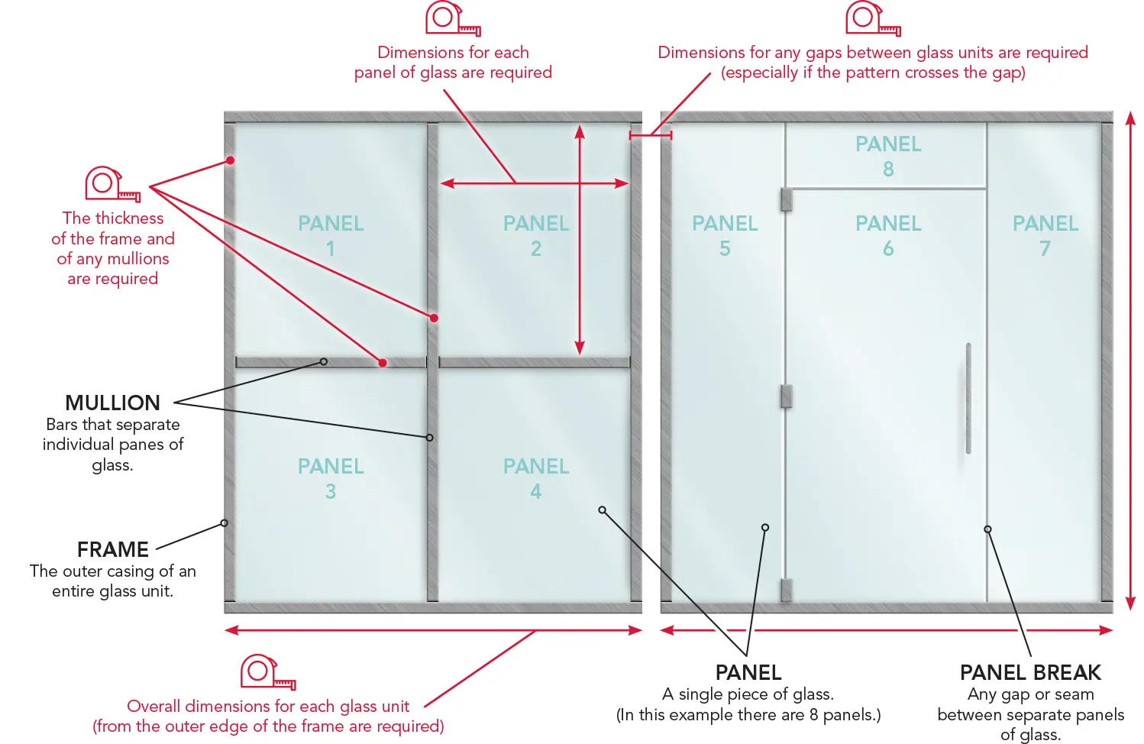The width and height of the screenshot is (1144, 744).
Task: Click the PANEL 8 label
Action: tap(888, 157)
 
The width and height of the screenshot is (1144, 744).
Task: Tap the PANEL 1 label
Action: tap(331, 236)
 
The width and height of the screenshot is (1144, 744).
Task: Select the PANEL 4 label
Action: tap(536, 479)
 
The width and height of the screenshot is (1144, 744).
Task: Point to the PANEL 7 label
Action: tap(1045, 236)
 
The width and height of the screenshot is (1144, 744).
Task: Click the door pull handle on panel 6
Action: tap(968, 398)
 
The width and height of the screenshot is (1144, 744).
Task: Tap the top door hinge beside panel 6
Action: tap(787, 200)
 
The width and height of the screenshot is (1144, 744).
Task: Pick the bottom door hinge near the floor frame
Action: tap(787, 590)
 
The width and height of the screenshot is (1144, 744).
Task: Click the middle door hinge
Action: tap(787, 396)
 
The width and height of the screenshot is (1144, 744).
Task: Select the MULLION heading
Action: tap(112, 403)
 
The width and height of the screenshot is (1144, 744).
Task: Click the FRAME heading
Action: tap(113, 550)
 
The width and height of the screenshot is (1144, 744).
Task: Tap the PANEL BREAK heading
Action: tap(1031, 672)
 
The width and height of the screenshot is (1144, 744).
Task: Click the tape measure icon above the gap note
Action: tap(873, 19)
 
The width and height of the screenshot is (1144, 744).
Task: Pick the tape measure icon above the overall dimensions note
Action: tap(268, 672)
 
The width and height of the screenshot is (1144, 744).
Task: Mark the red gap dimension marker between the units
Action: tap(651, 135)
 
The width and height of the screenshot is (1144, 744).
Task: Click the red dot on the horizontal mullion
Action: tap(383, 363)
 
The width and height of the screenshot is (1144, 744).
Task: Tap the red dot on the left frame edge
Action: tap(231, 160)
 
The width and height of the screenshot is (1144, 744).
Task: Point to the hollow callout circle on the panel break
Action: tap(987, 529)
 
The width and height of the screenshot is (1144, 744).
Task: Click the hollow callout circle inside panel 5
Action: tap(765, 527)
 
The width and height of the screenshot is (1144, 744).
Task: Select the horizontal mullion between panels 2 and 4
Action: tap(535, 362)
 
